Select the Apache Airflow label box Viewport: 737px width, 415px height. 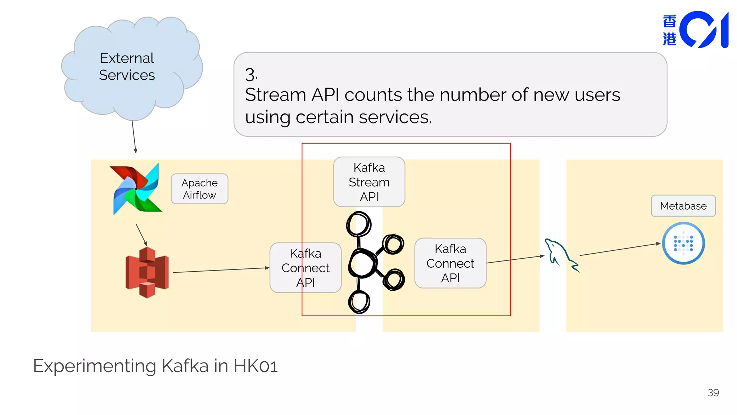coord(199,189)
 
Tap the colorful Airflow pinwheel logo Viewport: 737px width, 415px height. coord(136,189)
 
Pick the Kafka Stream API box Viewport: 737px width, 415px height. coord(369,182)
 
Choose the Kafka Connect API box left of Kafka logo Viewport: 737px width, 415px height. coord(305,268)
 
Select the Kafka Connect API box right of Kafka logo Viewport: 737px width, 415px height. coord(450,263)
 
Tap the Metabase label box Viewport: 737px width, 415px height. coord(683,206)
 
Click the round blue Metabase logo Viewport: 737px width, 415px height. coord(683,243)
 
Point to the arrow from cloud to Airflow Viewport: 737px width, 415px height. coord(134,137)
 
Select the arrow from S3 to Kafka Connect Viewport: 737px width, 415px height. coord(221,270)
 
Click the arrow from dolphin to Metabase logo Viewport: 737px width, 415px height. coord(620,249)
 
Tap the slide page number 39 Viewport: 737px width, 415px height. coord(713,393)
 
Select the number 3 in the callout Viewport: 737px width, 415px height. coord(251,75)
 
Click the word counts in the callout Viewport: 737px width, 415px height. coord(373,95)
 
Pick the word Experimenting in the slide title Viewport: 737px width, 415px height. coord(95,366)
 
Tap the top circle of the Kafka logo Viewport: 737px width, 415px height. coord(358,224)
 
